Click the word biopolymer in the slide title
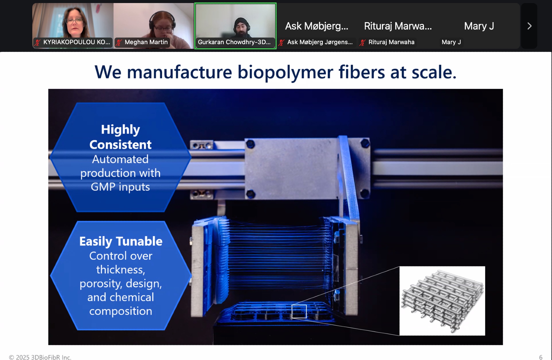pos(285,72)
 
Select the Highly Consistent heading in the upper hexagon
pos(120,137)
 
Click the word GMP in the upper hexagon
pos(103,187)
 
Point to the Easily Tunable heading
pos(121,241)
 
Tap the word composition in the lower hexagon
pos(121,311)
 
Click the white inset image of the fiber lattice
pos(442,301)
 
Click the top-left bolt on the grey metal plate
pos(250,144)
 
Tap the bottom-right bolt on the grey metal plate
pos(365,193)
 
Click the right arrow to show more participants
pos(529,26)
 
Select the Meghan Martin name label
pos(146,42)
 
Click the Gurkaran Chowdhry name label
pos(234,42)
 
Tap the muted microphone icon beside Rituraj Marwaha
pos(362,43)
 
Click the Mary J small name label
pos(451,42)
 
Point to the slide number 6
pos(541,357)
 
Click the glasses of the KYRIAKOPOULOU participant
pos(75,21)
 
